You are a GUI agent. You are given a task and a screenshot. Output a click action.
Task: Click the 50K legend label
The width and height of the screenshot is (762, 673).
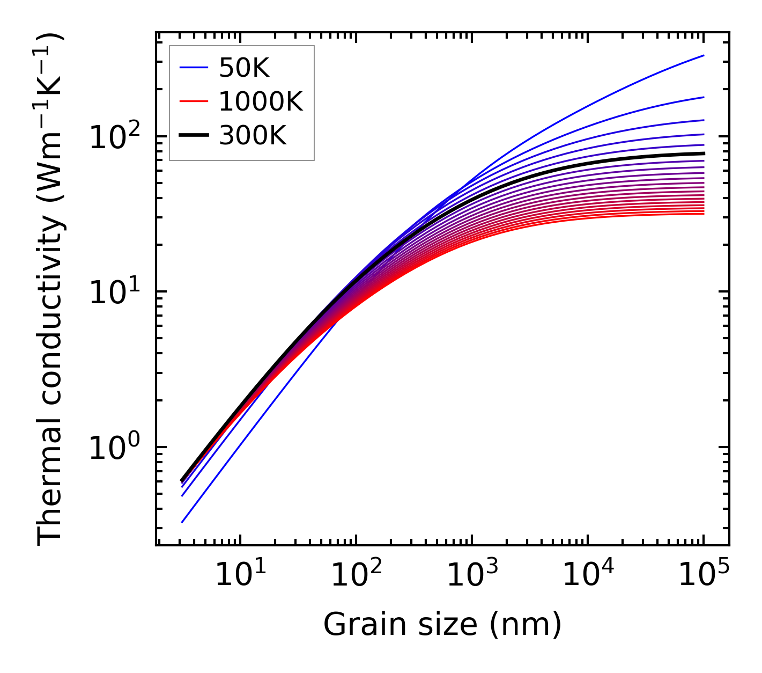244,68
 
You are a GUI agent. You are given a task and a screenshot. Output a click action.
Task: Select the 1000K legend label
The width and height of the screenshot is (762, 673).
261,101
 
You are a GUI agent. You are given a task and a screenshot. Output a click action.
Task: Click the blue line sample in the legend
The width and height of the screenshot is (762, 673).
194,68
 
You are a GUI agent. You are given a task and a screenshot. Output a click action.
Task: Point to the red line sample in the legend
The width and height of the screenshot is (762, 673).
194,101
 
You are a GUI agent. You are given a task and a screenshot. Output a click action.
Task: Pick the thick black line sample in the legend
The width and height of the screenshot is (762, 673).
194,136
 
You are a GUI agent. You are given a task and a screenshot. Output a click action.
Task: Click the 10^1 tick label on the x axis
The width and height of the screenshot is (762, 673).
240,575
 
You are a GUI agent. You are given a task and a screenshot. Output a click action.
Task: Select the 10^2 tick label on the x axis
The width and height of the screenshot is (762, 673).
356,575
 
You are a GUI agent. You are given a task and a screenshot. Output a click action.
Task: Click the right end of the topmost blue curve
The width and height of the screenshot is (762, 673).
703,55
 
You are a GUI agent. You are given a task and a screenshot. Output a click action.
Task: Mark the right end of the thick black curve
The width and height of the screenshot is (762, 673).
703,153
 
